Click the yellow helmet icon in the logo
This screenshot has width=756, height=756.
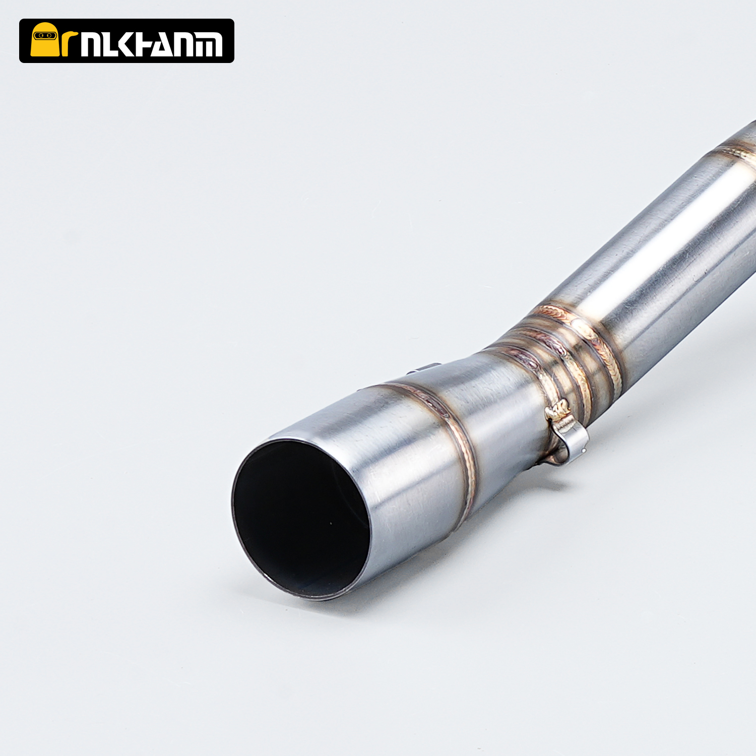(x=44, y=39)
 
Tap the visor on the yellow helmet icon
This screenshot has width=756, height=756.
(x=44, y=35)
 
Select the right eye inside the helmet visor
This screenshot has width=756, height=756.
(x=49, y=35)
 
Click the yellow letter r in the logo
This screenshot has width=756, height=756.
(x=69, y=43)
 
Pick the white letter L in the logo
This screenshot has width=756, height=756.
(x=110, y=44)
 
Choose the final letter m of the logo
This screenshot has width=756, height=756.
(x=209, y=44)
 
